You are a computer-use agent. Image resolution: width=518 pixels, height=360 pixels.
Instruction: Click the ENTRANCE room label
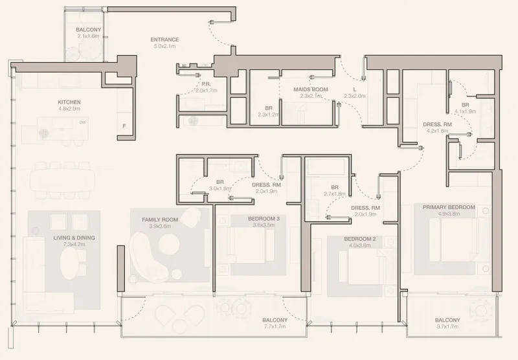click(x=164, y=39)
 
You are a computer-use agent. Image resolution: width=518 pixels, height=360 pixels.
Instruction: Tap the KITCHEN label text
click(x=69, y=102)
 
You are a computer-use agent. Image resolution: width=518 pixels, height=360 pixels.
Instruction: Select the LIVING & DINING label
click(x=74, y=238)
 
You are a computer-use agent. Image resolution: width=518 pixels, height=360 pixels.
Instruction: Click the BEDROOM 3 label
click(x=264, y=219)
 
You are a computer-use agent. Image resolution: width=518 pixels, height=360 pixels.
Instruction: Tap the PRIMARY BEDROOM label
click(x=449, y=207)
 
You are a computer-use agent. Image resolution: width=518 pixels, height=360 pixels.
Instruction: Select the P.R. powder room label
click(x=207, y=84)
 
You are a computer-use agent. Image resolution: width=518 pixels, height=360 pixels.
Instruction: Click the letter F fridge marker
click(x=124, y=126)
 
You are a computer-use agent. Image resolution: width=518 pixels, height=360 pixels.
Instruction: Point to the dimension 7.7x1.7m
click(x=275, y=327)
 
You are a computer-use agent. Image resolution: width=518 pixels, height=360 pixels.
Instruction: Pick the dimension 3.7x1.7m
click(x=447, y=327)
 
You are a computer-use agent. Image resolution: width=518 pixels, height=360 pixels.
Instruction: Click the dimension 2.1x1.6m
click(x=87, y=37)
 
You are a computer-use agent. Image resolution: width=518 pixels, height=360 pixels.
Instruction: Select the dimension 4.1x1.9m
click(x=465, y=111)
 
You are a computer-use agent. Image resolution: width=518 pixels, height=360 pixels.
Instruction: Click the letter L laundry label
click(x=355, y=89)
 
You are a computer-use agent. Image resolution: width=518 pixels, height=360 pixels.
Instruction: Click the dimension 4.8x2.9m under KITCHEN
click(x=69, y=109)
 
